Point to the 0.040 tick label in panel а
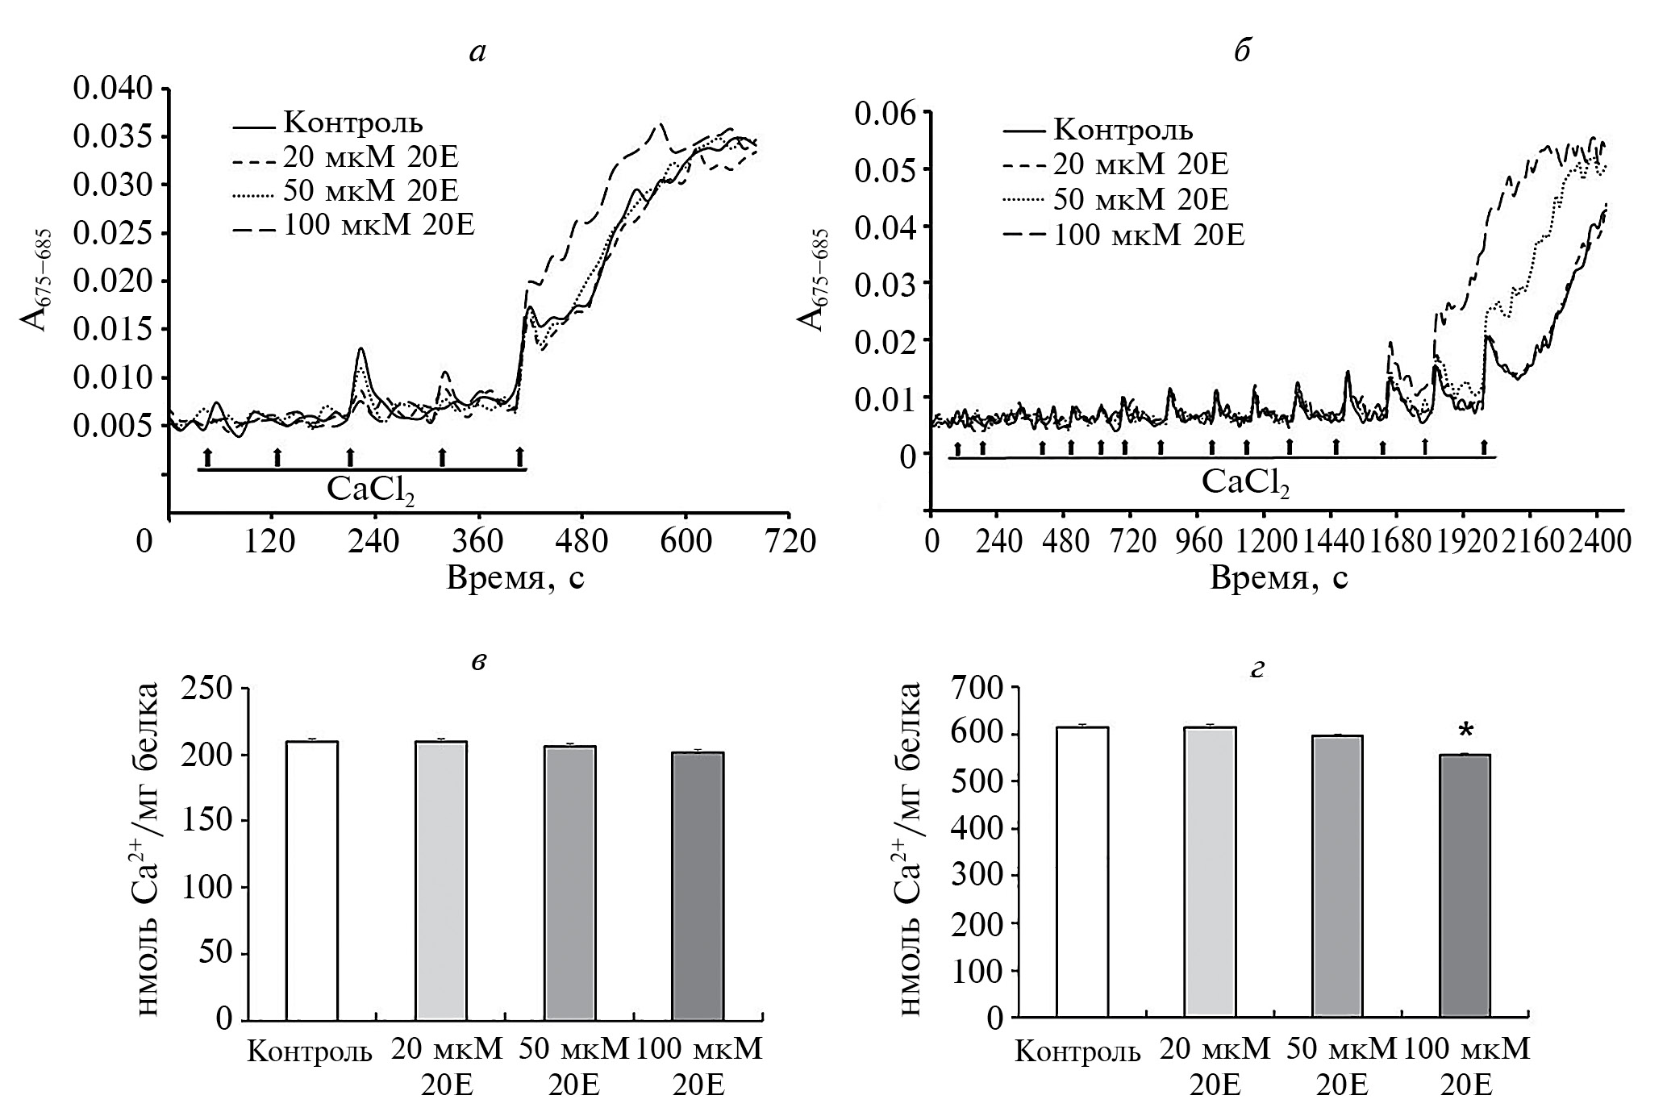(112, 89)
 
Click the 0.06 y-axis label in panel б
(887, 113)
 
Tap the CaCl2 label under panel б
(1245, 482)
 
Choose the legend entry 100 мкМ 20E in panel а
(379, 226)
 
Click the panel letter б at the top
(1242, 52)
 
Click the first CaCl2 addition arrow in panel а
(207, 456)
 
